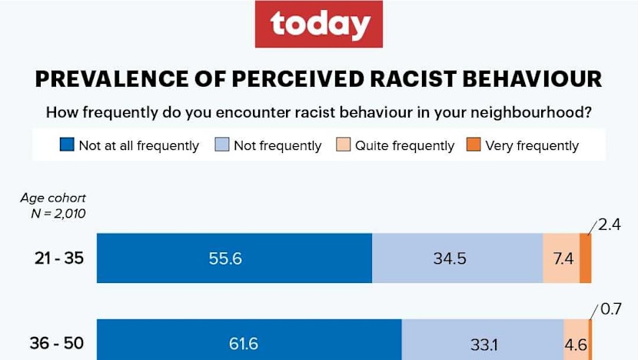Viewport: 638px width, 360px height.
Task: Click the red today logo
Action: tap(319, 25)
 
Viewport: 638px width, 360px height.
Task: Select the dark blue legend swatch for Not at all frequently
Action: tap(67, 145)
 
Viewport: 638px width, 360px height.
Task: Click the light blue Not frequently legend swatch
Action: tap(222, 145)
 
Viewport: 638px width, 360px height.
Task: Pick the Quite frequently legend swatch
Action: tap(343, 145)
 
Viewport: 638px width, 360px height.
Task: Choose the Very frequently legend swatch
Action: tap(474, 145)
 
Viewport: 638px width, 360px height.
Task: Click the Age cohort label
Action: tap(53, 198)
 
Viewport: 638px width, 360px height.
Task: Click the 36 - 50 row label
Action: tap(56, 344)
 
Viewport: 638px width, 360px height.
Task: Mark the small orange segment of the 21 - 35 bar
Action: tap(585, 258)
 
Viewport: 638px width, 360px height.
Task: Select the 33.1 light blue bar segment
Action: tap(483, 344)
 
